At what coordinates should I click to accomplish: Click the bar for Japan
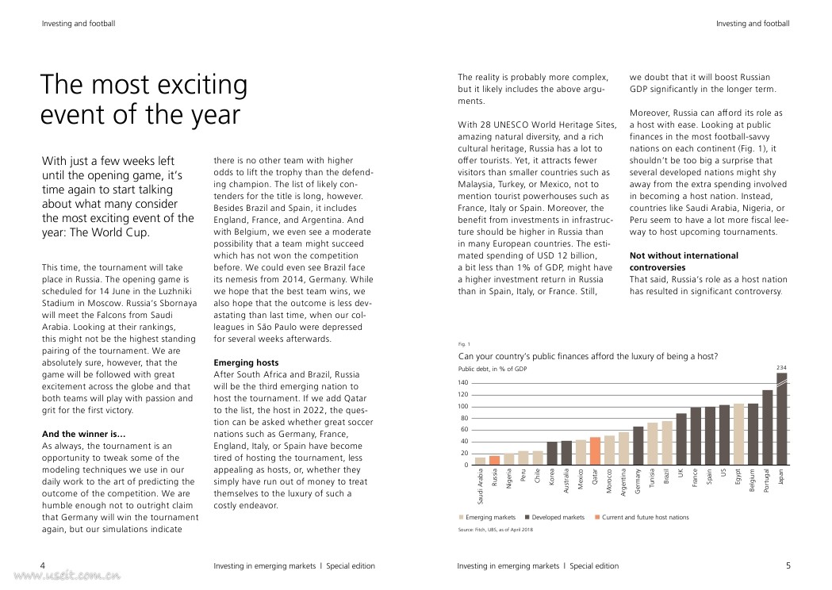click(781, 420)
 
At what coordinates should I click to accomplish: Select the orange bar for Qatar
click(595, 451)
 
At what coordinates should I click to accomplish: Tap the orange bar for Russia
click(494, 460)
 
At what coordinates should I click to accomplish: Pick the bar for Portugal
click(767, 427)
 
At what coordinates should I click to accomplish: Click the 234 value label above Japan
click(781, 368)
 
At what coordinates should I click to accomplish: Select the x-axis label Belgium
click(753, 481)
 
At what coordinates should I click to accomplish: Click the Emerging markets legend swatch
click(462, 518)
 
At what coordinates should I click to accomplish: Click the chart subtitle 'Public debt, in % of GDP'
click(492, 369)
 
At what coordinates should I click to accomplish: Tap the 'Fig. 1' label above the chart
click(464, 344)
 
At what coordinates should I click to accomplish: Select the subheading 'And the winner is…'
click(83, 434)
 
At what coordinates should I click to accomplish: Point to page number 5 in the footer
click(788, 565)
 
